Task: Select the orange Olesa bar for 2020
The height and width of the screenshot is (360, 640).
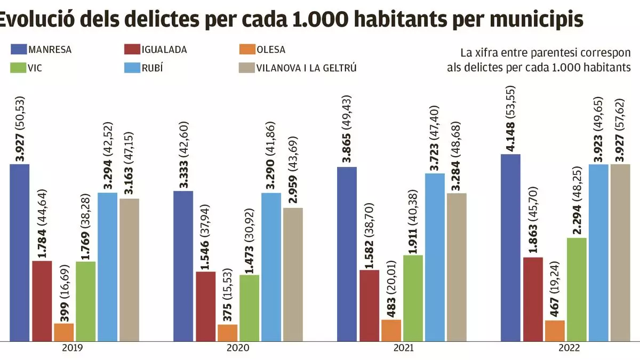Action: (227, 332)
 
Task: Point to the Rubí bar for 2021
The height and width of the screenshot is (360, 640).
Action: (435, 257)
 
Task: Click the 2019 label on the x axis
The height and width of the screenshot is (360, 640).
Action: (72, 348)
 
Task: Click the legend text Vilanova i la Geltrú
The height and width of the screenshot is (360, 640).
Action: (306, 68)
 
